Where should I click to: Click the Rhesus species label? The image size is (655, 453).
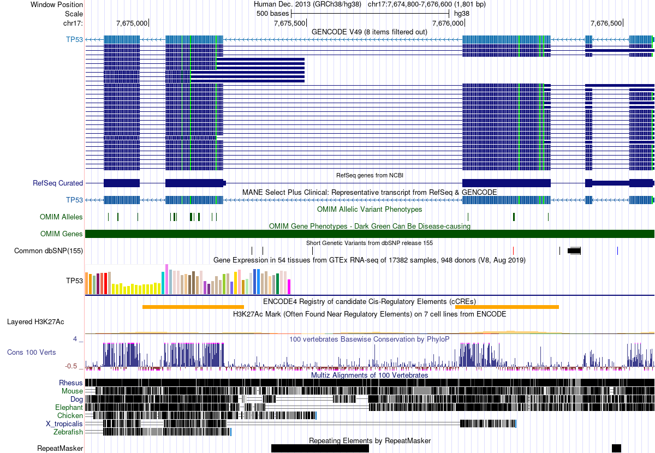coord(71,383)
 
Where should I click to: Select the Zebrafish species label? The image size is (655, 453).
coord(68,432)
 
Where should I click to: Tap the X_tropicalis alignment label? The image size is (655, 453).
coord(64,424)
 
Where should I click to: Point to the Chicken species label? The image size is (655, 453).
coord(70,415)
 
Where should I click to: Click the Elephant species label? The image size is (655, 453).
coord(69,407)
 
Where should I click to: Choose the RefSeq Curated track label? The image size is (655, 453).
coord(58,183)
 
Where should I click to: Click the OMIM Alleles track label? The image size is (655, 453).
coord(61,217)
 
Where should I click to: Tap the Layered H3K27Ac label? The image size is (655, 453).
coord(35,321)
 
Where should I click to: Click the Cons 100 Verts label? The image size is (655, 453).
coord(31,352)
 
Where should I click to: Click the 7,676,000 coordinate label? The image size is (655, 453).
coord(448,23)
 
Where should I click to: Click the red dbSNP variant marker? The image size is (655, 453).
coord(514,251)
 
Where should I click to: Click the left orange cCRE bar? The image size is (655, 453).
coord(193,307)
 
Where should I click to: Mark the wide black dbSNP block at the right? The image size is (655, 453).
coord(574,251)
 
